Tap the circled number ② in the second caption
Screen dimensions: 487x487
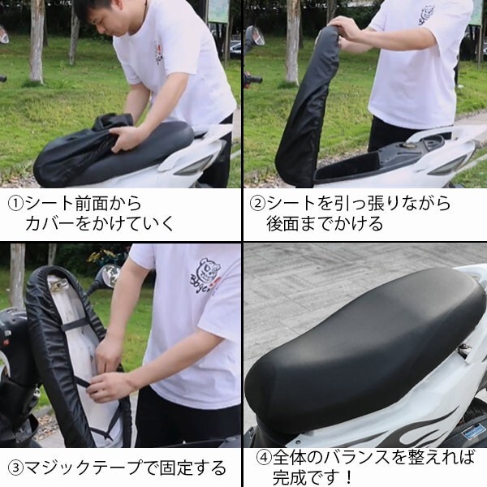258,204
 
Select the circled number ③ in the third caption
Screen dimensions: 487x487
15,468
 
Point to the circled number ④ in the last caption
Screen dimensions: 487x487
264,458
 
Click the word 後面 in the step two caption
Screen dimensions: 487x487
282,224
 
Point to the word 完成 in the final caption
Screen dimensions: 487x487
289,477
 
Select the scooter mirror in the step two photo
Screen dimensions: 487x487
254,35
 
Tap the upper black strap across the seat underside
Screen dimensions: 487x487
74,325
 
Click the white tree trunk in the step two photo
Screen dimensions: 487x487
292,42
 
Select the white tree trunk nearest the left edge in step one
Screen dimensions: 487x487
37,41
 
